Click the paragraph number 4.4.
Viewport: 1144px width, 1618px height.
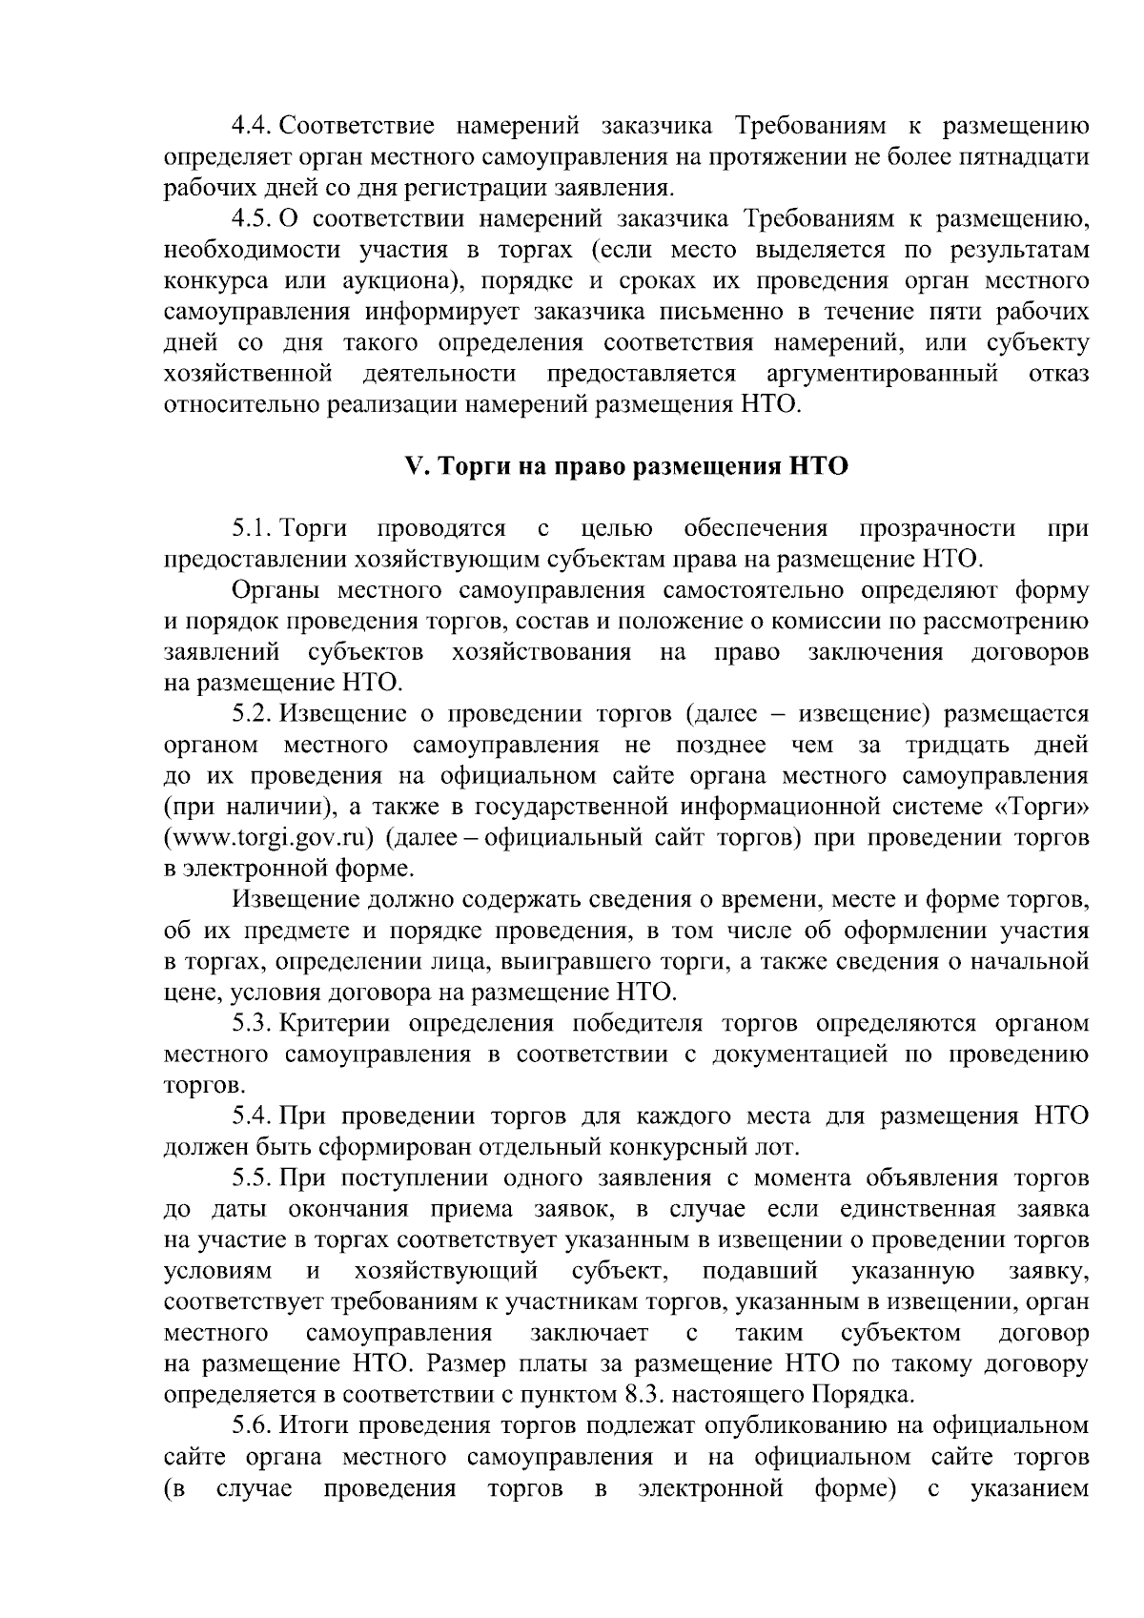click(253, 126)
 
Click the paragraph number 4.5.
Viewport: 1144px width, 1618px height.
click(253, 219)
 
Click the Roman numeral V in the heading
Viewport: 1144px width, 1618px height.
click(413, 467)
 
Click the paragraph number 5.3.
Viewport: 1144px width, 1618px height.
click(253, 1024)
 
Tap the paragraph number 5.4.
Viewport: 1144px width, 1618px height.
click(253, 1116)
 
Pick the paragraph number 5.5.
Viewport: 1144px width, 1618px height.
click(253, 1178)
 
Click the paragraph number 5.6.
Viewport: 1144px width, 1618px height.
click(253, 1426)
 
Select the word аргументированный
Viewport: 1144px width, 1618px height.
click(881, 374)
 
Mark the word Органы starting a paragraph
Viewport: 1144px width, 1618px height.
click(276, 591)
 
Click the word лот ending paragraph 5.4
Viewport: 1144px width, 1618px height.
click(781, 1147)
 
